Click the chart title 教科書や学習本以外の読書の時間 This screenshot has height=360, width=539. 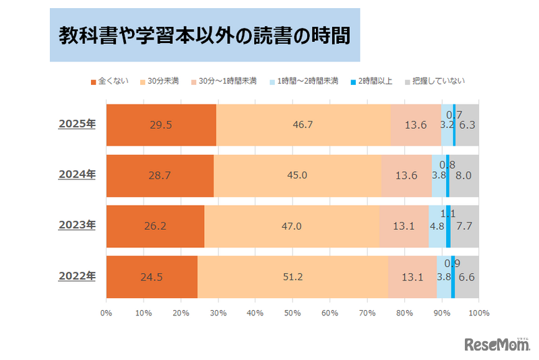[204, 35]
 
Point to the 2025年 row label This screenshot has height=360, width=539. [77, 124]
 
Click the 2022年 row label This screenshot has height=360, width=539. [77, 276]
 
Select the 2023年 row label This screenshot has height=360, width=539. [77, 225]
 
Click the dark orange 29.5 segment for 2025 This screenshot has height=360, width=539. [161, 125]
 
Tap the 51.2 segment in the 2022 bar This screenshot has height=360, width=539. [292, 276]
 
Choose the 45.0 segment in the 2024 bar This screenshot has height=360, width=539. [297, 175]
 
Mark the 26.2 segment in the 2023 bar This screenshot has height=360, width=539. [155, 226]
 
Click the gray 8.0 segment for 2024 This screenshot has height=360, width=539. [464, 175]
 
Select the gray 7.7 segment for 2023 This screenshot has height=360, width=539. [465, 226]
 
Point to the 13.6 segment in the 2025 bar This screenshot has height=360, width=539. [416, 125]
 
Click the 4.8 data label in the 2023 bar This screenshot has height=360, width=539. [437, 227]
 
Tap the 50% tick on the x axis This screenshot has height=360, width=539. [292, 313]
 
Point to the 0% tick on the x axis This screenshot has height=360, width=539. [106, 313]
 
